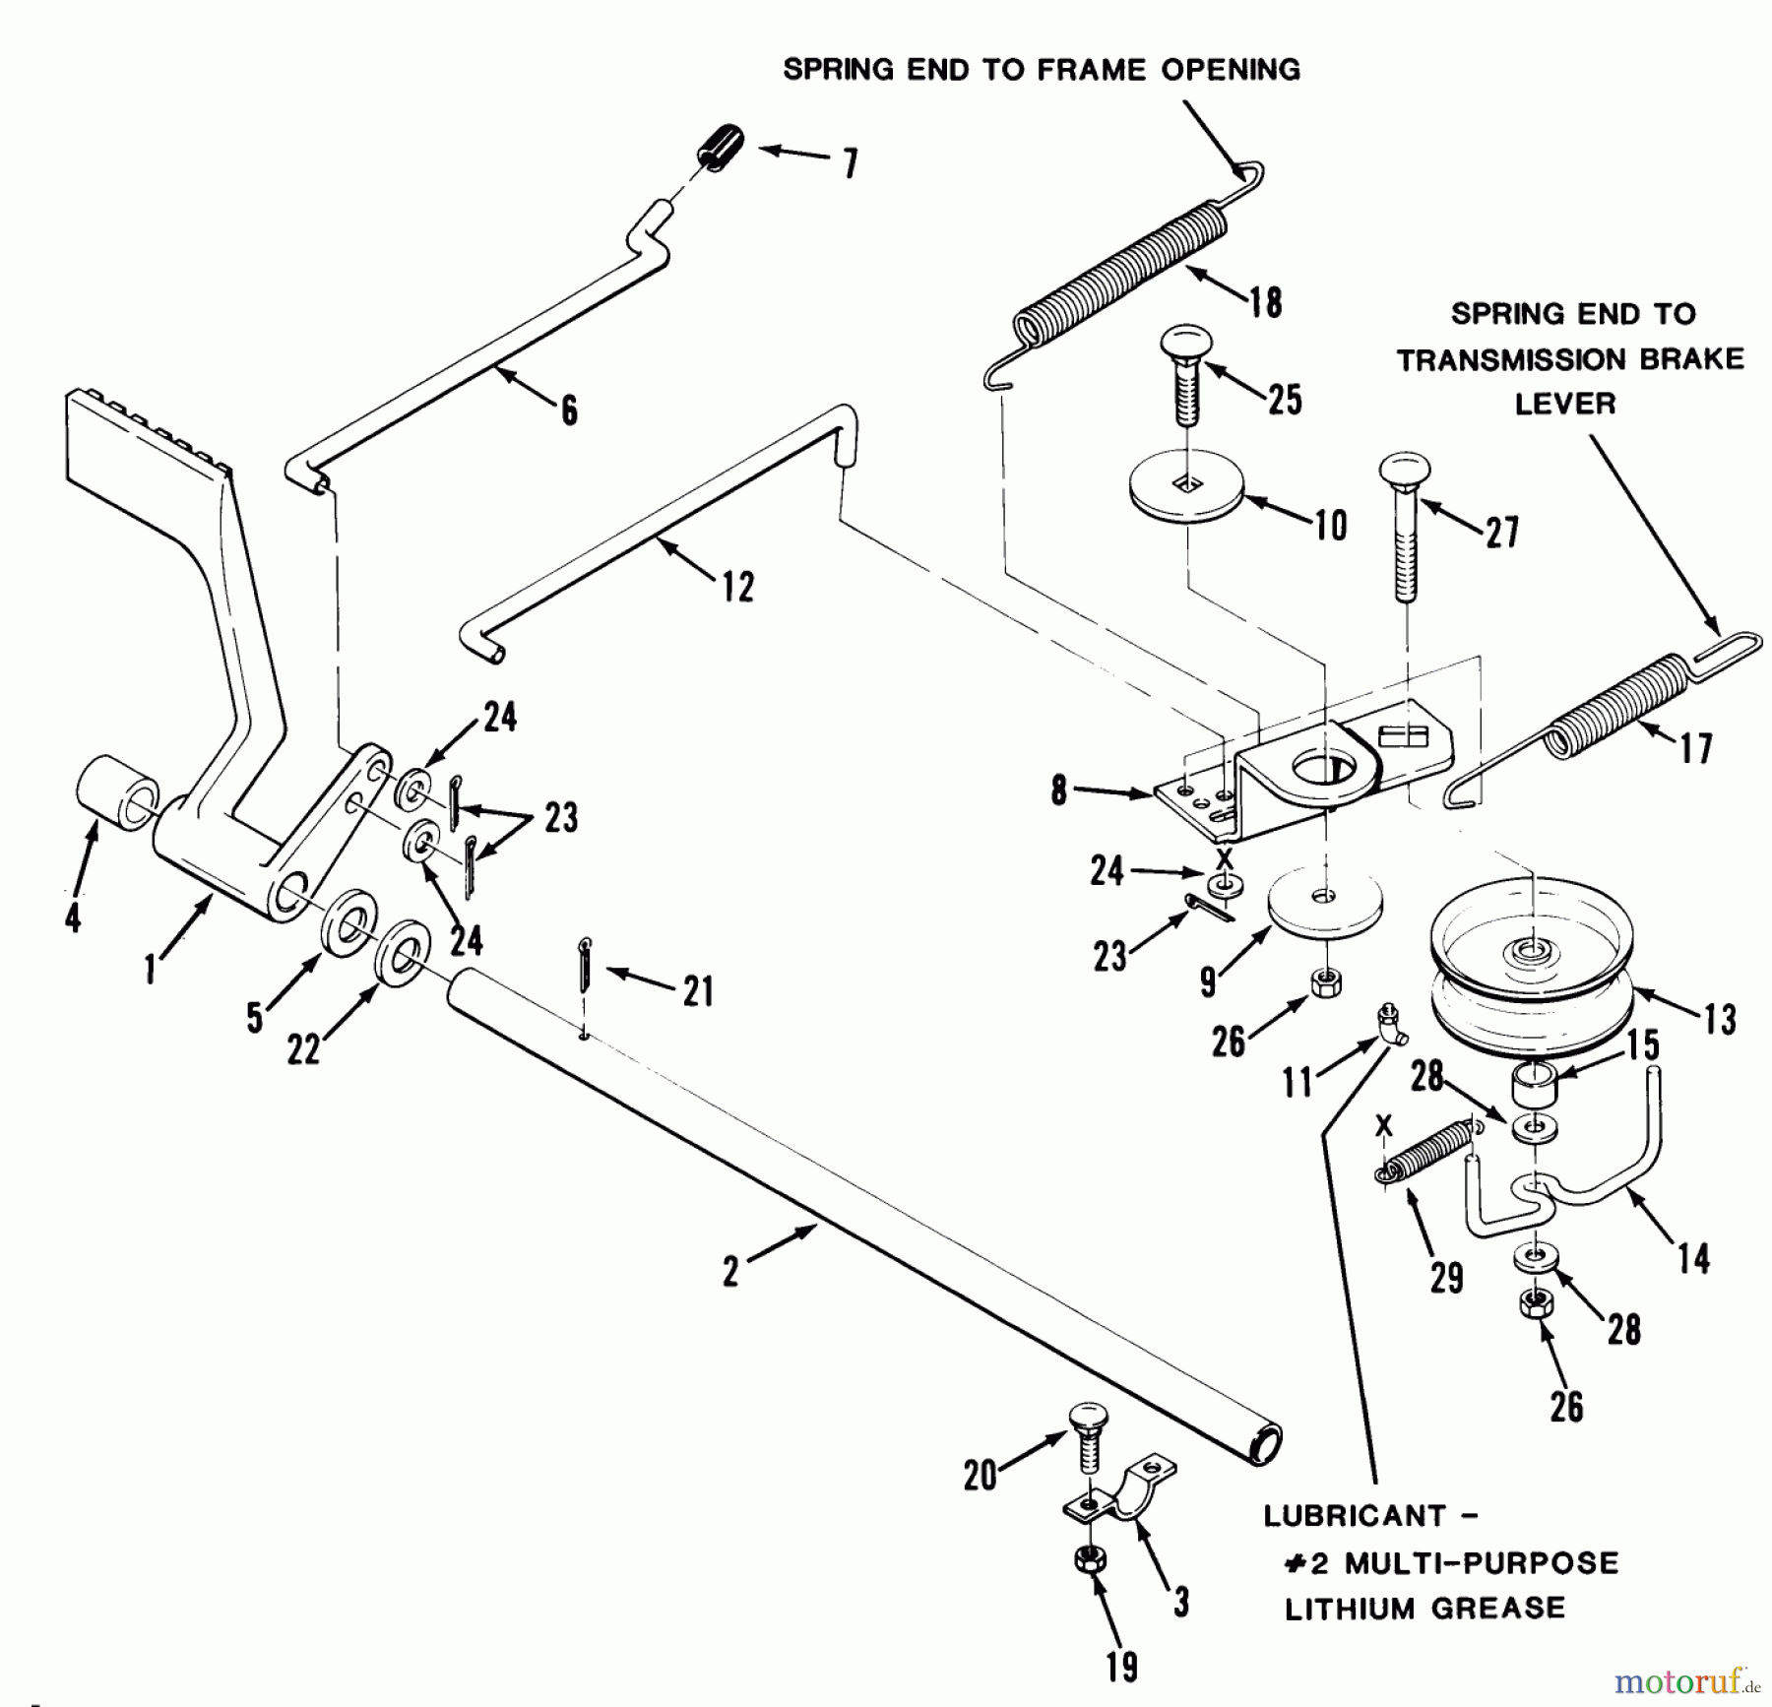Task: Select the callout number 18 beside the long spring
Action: tap(1265, 301)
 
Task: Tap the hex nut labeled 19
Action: tap(1089, 1559)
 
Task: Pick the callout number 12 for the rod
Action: tap(737, 588)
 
